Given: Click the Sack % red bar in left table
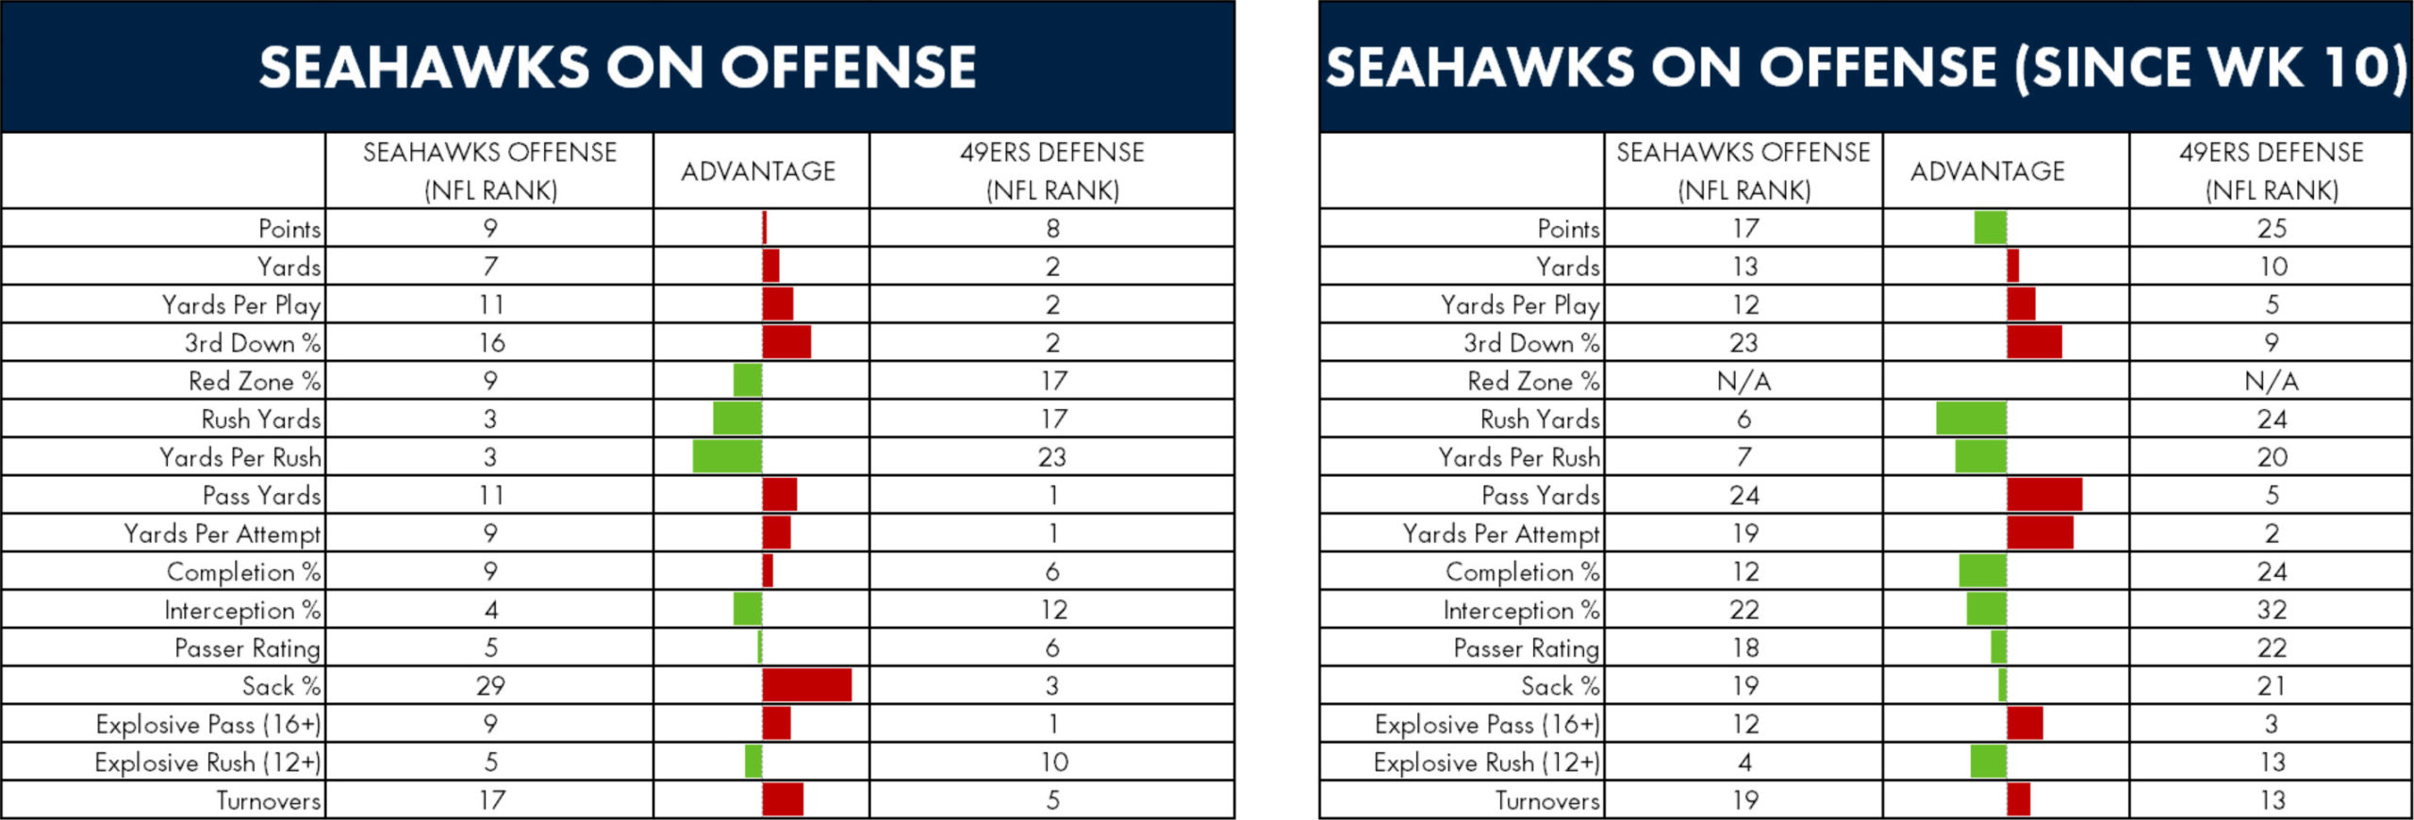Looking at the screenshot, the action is point(806,685).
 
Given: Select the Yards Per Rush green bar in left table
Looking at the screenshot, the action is point(727,456).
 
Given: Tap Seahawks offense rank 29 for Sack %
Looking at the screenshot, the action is point(490,686).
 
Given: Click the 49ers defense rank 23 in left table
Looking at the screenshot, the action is point(1052,457).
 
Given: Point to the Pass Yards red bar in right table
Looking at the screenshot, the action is point(2044,495).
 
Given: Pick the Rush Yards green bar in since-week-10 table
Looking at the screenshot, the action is point(1972,418).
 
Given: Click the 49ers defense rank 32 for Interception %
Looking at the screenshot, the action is point(2272,610).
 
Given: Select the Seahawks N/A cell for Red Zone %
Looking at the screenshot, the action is point(1744,381).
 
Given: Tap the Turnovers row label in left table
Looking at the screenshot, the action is point(269,800).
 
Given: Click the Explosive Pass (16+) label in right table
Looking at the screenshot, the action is point(1487,724).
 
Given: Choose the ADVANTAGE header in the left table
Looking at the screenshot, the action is point(759,171).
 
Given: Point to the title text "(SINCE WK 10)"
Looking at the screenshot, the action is point(2211,68).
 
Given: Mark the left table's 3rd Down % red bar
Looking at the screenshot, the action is point(786,342).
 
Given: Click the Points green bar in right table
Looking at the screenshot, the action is point(1991,228).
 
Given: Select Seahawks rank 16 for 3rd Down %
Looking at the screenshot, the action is point(491,343).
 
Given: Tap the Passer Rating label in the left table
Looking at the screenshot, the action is point(248,648).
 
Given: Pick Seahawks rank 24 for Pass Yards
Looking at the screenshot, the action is point(1744,496).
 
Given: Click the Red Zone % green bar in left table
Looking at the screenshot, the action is point(748,380).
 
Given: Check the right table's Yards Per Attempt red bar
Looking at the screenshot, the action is point(2040,533).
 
